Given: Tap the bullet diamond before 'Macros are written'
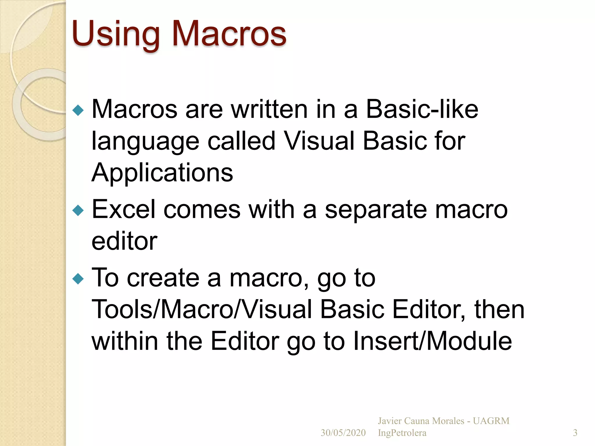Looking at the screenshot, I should point(78,110).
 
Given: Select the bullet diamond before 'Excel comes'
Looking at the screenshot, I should point(78,210).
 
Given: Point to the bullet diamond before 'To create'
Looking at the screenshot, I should point(78,279).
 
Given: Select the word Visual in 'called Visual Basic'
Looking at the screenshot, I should point(319,141).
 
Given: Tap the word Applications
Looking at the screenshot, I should point(162,173).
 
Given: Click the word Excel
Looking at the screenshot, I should point(123,210).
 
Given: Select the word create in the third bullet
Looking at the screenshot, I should point(163,278).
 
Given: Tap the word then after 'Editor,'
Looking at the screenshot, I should point(499,310).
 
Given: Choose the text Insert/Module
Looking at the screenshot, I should point(432,341).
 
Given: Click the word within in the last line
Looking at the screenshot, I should point(125,341).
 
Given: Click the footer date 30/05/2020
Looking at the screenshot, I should point(343,433).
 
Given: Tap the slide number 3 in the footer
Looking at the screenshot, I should point(575,433).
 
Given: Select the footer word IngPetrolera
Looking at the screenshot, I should point(402,433).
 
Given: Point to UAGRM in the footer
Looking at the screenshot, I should point(491,421).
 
